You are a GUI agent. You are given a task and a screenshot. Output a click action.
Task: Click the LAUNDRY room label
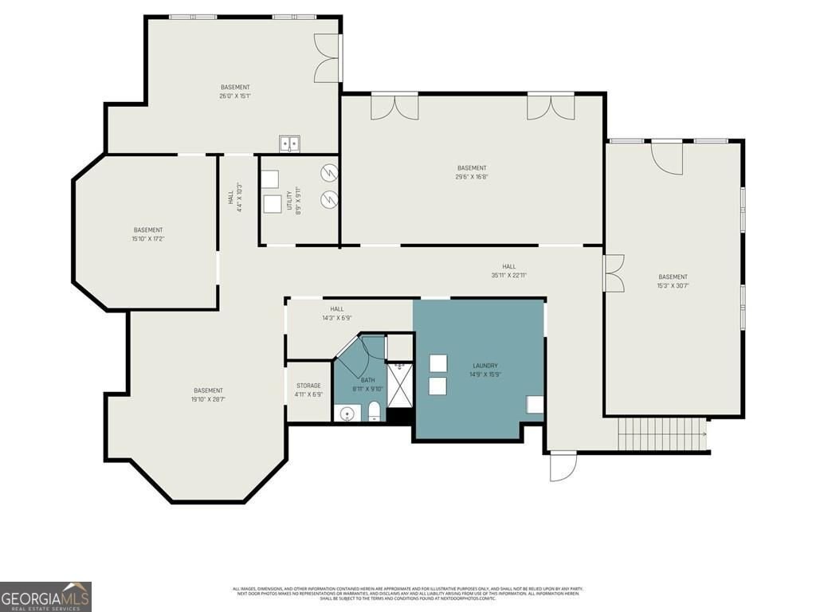[484, 366]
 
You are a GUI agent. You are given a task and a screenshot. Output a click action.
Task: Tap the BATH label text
[367, 380]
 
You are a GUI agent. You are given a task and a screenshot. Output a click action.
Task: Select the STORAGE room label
[308, 386]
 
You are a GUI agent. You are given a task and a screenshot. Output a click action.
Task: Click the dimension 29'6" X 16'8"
[472, 176]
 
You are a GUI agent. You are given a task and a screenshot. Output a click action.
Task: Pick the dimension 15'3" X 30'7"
[673, 285]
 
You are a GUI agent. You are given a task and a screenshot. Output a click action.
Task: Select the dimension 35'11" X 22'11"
[508, 276]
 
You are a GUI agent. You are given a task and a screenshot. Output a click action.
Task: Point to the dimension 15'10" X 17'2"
[147, 238]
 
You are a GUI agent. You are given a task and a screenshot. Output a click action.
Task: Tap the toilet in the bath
[374, 411]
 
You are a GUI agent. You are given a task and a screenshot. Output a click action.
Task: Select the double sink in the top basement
[290, 144]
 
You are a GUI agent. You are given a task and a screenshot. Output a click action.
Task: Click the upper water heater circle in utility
[329, 172]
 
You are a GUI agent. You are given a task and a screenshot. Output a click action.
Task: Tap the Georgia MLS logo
[45, 596]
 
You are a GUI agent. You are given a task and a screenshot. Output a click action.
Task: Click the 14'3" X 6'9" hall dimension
[337, 317]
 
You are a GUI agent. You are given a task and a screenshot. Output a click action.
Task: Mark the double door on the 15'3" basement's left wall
[614, 274]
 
